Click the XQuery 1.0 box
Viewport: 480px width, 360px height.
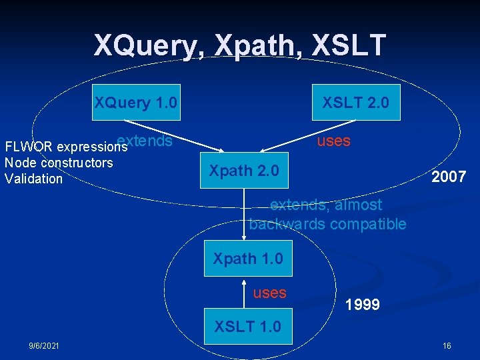tap(135, 102)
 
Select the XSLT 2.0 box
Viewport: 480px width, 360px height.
tap(356, 102)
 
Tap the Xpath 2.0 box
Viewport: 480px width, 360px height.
tap(244, 171)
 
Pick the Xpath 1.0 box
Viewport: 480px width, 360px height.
tap(248, 258)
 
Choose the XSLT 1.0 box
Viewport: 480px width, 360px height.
tap(247, 327)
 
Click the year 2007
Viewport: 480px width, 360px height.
tap(448, 177)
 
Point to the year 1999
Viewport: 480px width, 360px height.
tap(363, 305)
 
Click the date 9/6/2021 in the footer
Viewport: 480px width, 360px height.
tap(43, 345)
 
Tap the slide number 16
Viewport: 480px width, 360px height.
tap(447, 345)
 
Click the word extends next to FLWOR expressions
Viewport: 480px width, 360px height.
tap(145, 141)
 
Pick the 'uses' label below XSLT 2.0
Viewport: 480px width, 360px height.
tap(334, 141)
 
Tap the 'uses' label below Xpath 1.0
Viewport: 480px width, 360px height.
tap(269, 293)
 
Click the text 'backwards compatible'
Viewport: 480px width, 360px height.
tap(327, 224)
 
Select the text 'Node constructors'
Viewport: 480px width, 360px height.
tap(59, 163)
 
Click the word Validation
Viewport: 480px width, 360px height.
tap(33, 179)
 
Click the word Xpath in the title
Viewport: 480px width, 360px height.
tap(255, 45)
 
